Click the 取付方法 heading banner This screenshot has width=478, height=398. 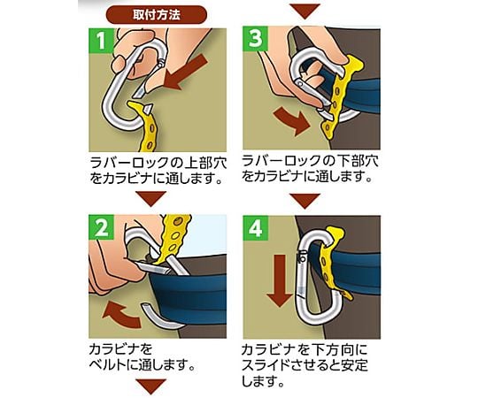pos(157,15)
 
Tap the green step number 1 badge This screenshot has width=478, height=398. pos(101,40)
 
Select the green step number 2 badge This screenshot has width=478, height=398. pos(101,226)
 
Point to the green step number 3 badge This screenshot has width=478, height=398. pos(256,39)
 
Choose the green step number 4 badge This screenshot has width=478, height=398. pos(256,228)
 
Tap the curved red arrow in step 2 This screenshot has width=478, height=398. pos(122,314)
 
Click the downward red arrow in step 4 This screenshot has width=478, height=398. pos(280,280)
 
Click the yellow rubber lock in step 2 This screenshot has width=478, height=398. pos(173,238)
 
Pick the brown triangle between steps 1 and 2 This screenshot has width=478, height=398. pos(150,198)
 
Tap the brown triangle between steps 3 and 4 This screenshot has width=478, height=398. pos(305,201)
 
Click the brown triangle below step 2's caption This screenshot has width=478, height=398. pos(150,387)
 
